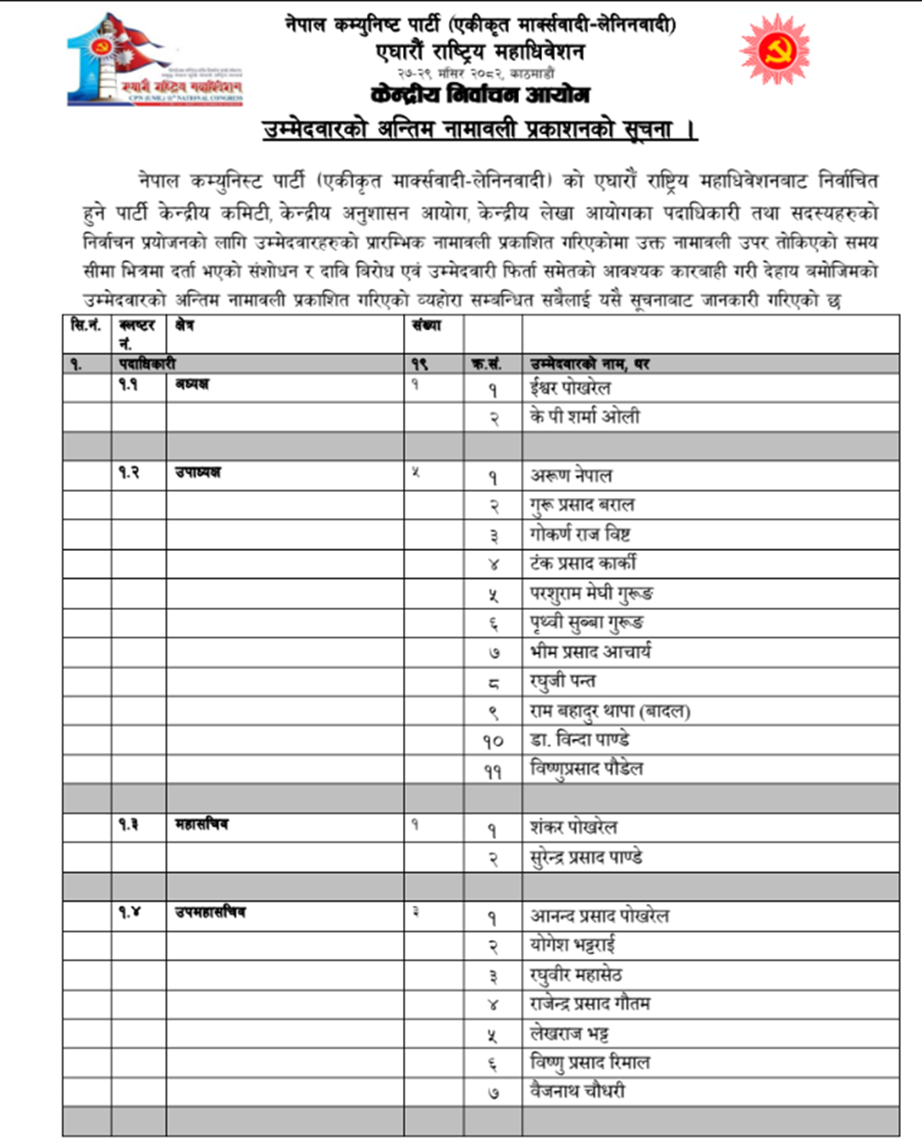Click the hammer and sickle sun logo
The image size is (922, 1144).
(774, 50)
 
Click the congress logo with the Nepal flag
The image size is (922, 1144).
(155, 59)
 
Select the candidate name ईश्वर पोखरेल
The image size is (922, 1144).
(570, 387)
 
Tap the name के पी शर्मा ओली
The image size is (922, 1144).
(585, 416)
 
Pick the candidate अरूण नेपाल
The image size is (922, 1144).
(571, 475)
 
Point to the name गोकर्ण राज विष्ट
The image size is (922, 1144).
(580, 534)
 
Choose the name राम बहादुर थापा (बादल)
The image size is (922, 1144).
(610, 710)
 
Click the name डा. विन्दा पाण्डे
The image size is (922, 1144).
(580, 740)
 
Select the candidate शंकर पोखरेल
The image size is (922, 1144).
(573, 828)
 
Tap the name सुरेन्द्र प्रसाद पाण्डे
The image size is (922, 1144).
(586, 857)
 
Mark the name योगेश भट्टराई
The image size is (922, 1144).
(573, 945)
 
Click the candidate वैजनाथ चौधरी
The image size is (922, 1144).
(577, 1091)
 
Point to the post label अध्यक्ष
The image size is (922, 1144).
(192, 384)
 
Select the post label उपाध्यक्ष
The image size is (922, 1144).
(197, 472)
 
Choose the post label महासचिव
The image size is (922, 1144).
(201, 824)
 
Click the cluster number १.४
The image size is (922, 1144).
(129, 912)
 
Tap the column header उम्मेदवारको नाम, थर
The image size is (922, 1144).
(589, 364)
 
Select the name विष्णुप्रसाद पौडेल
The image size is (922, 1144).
(586, 769)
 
